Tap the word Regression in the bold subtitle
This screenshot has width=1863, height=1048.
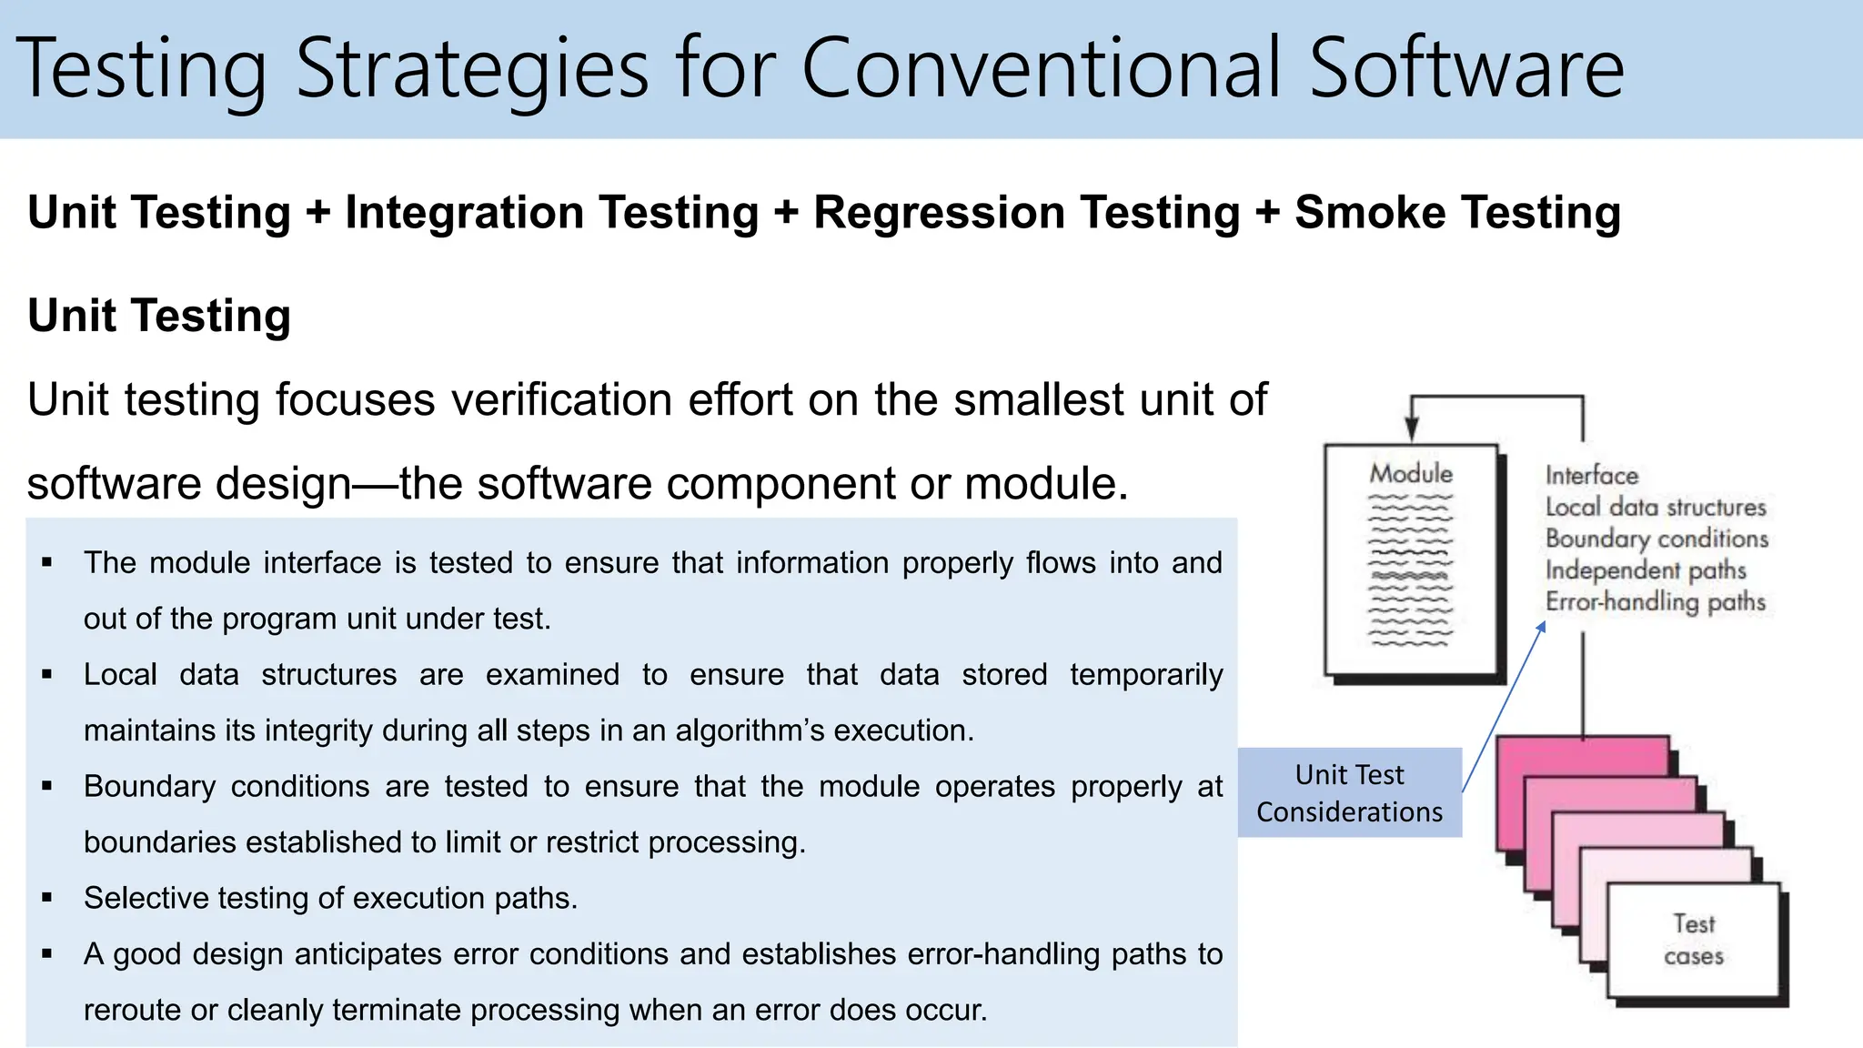pos(1026,213)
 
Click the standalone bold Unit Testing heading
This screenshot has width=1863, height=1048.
pos(159,316)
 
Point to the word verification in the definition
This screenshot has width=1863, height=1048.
pos(561,400)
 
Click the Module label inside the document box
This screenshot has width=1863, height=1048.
pos(1411,473)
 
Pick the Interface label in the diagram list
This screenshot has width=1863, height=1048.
pos(1591,476)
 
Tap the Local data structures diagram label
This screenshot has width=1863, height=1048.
pos(1655,507)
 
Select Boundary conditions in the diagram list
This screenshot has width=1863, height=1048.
pos(1657,539)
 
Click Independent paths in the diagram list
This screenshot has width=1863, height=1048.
pos(1646,570)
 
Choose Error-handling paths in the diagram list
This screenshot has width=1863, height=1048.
pos(1655,602)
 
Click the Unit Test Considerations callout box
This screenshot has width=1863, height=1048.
pos(1349,792)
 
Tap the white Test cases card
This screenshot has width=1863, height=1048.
pos(1693,941)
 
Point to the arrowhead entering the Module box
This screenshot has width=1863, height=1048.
pos(1411,429)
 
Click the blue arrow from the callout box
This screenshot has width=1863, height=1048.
pos(1503,706)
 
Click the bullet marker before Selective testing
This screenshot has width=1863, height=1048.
pos(47,899)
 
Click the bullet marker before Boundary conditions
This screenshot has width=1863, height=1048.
pos(47,787)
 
